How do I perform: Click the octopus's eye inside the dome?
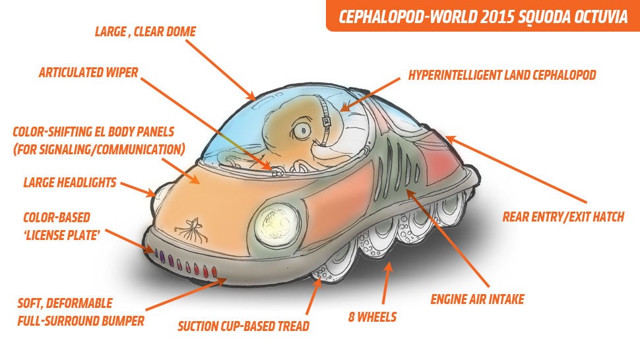point(304,130)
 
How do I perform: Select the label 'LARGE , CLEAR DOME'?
point(145,32)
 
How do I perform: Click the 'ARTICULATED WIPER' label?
point(88,73)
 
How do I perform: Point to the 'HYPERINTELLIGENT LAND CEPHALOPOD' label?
point(502,75)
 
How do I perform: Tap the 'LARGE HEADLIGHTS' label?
point(70,182)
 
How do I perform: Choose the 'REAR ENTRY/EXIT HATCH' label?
point(563,216)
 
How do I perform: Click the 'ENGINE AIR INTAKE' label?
point(477,299)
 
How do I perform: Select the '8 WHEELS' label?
point(372,316)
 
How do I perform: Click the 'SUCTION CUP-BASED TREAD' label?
point(243,326)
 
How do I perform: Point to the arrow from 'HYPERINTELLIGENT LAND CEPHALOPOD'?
point(369,94)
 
